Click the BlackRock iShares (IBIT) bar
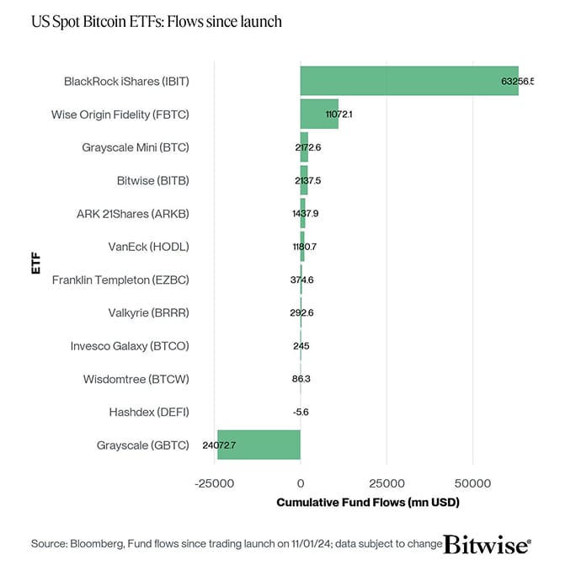[x=408, y=81]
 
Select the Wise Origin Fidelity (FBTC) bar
[x=319, y=114]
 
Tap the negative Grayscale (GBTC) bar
[x=259, y=445]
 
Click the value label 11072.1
[x=338, y=114]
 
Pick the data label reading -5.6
[x=301, y=412]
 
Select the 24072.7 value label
[x=219, y=445]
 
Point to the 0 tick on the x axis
[x=301, y=484]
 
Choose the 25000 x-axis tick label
[x=386, y=484]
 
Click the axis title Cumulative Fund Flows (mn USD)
[x=368, y=503]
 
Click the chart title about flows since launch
[x=156, y=21]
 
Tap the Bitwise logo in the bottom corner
[x=488, y=543]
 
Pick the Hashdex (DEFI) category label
[x=149, y=412]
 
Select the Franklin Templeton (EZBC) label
[x=120, y=280]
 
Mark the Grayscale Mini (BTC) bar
[x=304, y=147]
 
